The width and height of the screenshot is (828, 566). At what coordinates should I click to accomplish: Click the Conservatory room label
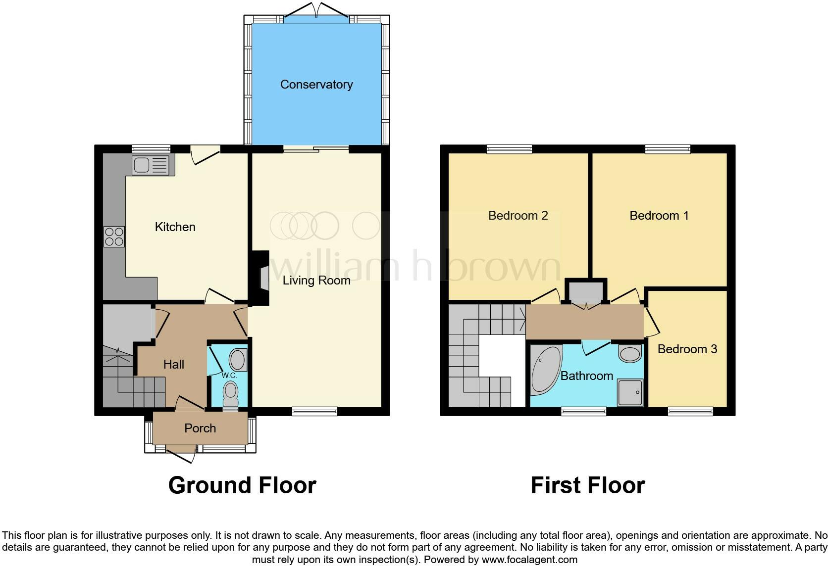316,85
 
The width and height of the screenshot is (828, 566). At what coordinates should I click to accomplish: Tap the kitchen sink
150,165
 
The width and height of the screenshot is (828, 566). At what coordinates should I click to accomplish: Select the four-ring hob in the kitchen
114,236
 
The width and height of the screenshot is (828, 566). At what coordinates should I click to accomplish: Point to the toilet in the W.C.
231,393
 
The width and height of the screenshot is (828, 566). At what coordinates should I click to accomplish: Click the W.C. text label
229,376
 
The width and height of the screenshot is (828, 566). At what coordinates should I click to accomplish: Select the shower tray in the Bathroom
630,393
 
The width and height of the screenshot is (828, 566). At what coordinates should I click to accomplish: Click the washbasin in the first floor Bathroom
630,354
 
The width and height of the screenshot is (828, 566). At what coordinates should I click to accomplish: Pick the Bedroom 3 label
687,349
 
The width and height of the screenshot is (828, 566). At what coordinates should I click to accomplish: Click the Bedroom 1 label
659,216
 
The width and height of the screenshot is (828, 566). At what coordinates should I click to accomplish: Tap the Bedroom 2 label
517,216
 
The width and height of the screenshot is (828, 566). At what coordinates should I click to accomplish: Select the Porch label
200,428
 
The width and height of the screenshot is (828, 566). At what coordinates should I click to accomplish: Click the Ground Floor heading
242,485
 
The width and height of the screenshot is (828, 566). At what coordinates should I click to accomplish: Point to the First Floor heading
587,485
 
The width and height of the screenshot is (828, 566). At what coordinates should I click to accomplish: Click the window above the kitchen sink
151,148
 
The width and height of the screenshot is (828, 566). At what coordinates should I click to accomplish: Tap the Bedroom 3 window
690,411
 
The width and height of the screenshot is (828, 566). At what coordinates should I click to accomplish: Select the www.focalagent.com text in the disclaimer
529,560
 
